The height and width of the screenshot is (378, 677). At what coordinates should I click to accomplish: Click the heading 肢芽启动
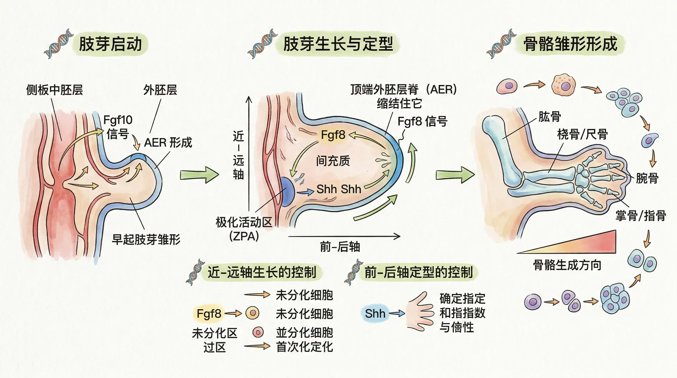[110, 44]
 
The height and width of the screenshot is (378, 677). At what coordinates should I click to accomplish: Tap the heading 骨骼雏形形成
[570, 44]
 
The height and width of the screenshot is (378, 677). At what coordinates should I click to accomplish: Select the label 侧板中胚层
[55, 90]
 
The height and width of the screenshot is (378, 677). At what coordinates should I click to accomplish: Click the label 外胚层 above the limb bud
[160, 90]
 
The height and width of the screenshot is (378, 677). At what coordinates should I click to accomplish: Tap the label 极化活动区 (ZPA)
[244, 229]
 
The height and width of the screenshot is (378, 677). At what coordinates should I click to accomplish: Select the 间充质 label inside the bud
[333, 161]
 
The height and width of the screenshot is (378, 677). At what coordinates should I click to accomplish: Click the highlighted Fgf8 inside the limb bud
[333, 135]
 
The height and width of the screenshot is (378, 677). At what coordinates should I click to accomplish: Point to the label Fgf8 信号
[422, 122]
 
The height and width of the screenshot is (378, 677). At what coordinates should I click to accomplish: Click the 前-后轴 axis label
[340, 247]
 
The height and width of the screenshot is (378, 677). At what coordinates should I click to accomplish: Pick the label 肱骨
[549, 116]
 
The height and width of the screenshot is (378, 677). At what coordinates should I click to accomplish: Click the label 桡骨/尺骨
[583, 134]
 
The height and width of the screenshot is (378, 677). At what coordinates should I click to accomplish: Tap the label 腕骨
[647, 178]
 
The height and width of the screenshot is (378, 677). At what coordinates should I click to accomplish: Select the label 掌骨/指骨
[641, 215]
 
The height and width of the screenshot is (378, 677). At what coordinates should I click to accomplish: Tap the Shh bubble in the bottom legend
[375, 313]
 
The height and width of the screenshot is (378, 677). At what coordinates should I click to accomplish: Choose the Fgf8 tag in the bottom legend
[209, 313]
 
